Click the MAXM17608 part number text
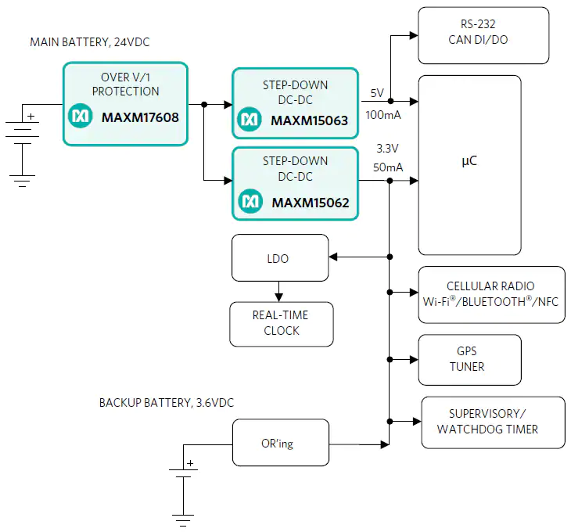[x=140, y=118]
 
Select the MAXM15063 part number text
[x=309, y=120]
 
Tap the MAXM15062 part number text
[x=310, y=203]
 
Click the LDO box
[x=280, y=257]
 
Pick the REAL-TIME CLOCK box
[x=281, y=323]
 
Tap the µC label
[x=469, y=162]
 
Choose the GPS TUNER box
[x=469, y=360]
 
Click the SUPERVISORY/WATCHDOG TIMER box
[x=492, y=422]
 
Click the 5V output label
[x=377, y=93]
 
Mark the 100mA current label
[x=383, y=115]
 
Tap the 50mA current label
[x=387, y=167]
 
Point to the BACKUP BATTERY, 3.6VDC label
[x=166, y=403]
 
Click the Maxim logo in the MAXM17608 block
[x=80, y=117]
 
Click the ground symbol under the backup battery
[x=182, y=520]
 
